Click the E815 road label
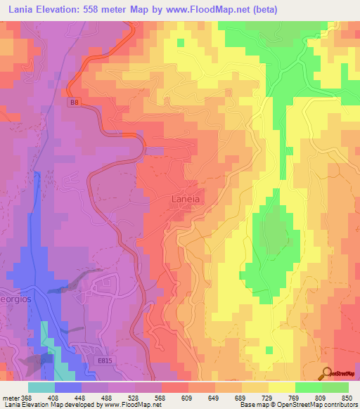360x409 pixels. tap(105, 361)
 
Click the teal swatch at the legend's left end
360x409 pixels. tap(41, 387)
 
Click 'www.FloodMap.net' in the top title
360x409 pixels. tap(210, 10)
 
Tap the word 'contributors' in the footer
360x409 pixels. tap(339, 405)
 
